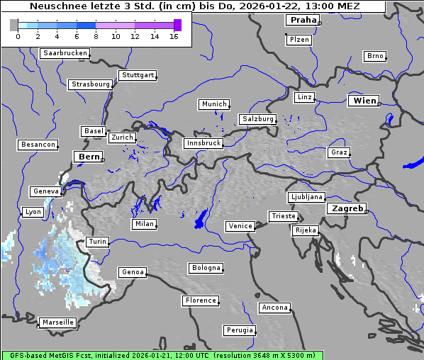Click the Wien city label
(364, 101)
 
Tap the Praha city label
(303, 20)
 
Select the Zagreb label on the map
(347, 208)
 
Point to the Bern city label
(89, 157)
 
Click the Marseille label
(58, 322)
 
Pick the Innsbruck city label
(203, 143)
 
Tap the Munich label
(214, 104)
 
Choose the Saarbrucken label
(65, 53)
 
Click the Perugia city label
(240, 330)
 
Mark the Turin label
(98, 242)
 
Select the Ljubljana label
(306, 197)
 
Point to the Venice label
(240, 226)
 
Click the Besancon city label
(38, 145)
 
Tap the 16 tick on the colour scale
(174, 35)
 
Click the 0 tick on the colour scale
(18, 35)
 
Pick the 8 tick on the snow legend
(96, 35)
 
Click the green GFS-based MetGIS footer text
(162, 355)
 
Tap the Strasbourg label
(91, 84)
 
